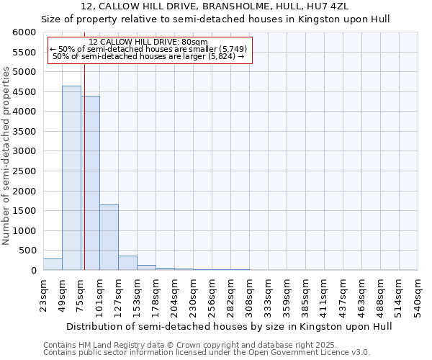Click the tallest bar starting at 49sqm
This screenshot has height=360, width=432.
[71, 178]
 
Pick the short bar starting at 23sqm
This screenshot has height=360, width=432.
[53, 264]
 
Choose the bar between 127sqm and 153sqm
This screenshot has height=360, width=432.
[127, 263]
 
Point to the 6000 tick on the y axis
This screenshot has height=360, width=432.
[26, 33]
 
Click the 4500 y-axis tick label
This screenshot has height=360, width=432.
[26, 92]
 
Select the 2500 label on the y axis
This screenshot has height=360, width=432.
[26, 171]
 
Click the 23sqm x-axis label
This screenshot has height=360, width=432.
[44, 294]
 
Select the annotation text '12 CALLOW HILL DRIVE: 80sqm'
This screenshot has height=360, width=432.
[148, 42]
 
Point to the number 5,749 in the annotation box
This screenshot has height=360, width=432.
[233, 49]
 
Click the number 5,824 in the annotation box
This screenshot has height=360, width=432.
[221, 56]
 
